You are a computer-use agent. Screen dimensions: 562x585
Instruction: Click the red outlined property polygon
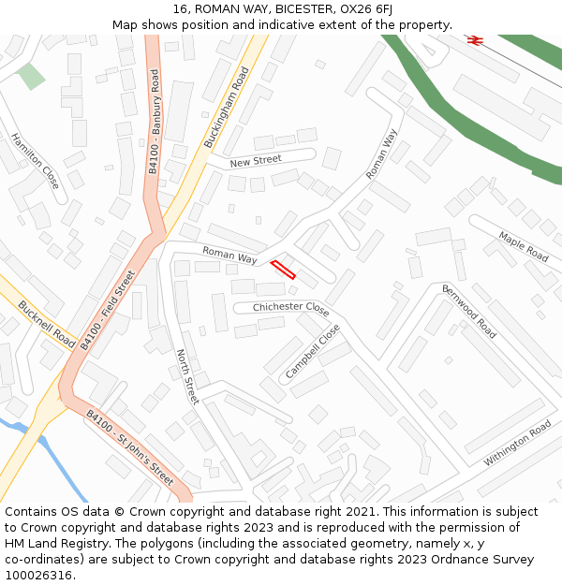[x=283, y=270]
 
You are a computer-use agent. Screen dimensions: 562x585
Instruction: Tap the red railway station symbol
[x=474, y=39]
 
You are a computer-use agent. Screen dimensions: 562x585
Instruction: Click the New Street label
[x=256, y=162]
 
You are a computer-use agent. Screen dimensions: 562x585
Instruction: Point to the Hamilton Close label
[x=36, y=161]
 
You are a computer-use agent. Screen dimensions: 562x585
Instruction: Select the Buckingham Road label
[x=228, y=107]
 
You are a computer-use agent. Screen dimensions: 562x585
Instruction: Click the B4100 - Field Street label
[x=108, y=310]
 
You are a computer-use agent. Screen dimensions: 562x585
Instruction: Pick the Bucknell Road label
[x=46, y=324]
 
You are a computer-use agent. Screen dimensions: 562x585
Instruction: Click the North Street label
[x=187, y=376]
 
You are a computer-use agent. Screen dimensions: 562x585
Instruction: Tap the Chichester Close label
[x=291, y=308]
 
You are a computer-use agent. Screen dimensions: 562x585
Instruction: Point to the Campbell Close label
[x=313, y=351]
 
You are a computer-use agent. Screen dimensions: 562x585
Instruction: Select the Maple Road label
[x=524, y=246]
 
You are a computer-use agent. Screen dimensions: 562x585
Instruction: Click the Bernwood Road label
[x=468, y=311]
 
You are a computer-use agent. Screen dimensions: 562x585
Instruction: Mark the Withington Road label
[x=517, y=444]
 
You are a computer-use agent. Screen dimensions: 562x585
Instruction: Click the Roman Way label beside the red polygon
[x=229, y=254]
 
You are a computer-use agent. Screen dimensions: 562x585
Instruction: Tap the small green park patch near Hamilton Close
[x=31, y=77]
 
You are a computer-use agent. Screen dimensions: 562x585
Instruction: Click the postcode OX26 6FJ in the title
[x=359, y=9]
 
